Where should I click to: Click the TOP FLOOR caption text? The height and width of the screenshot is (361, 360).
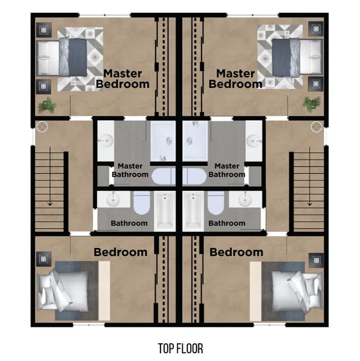180,348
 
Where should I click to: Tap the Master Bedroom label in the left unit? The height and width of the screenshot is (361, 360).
123,79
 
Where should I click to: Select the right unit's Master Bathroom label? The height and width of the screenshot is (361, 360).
227,170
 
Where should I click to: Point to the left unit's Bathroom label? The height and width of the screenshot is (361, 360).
129,223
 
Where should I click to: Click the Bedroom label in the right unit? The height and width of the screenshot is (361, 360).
236,252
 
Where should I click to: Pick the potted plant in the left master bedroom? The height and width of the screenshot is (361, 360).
47,105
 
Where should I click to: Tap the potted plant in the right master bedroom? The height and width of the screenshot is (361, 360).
312,103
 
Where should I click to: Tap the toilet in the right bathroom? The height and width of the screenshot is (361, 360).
216,204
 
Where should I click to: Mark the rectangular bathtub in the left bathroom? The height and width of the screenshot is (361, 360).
164,211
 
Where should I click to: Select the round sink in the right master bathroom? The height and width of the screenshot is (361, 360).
254,141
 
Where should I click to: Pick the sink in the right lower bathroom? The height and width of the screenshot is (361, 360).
244,199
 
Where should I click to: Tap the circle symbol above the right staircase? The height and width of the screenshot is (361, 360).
316,126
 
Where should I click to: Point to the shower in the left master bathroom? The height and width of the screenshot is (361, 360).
163,141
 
